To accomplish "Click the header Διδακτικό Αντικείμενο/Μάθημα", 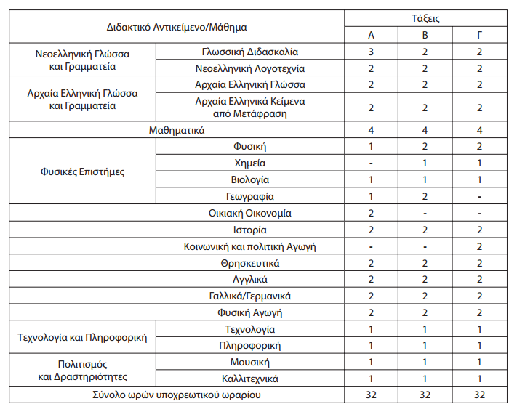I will click(x=177, y=28).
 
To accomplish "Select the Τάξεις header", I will click(x=425, y=19).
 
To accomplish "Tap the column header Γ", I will click(x=479, y=36).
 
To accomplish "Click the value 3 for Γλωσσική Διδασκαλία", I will click(x=372, y=52).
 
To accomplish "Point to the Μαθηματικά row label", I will click(x=177, y=131).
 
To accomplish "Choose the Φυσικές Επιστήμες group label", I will click(x=82, y=172).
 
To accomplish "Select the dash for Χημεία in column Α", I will click(x=372, y=163).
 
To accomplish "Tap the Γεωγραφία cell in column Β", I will click(x=425, y=196).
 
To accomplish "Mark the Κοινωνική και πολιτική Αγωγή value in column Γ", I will click(x=479, y=247).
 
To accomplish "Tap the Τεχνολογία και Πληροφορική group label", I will click(x=82, y=338).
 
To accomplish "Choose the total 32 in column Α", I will click(x=372, y=395).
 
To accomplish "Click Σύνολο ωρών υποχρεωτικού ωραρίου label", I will click(x=177, y=395).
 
